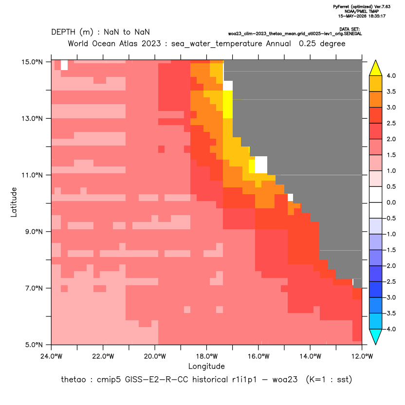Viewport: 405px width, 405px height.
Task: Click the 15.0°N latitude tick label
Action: click(32, 62)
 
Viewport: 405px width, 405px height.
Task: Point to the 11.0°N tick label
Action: click(32, 175)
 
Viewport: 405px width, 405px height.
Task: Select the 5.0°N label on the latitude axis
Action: click(34, 345)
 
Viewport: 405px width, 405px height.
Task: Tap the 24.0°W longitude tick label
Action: click(52, 356)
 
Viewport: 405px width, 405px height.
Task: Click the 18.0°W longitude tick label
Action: click(206, 356)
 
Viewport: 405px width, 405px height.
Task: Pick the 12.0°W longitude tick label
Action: click(362, 356)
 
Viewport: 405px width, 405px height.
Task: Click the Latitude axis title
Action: click(14, 202)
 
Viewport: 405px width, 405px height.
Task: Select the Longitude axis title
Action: click(206, 366)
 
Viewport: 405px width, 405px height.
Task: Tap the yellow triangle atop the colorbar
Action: click(376, 68)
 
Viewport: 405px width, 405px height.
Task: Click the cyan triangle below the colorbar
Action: click(376, 337)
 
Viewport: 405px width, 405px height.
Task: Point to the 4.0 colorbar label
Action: click(391, 75)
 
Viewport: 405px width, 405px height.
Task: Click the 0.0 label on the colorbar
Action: click(391, 202)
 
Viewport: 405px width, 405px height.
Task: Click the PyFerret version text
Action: click(362, 7)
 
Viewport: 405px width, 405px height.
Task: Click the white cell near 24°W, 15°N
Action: click(64, 65)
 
